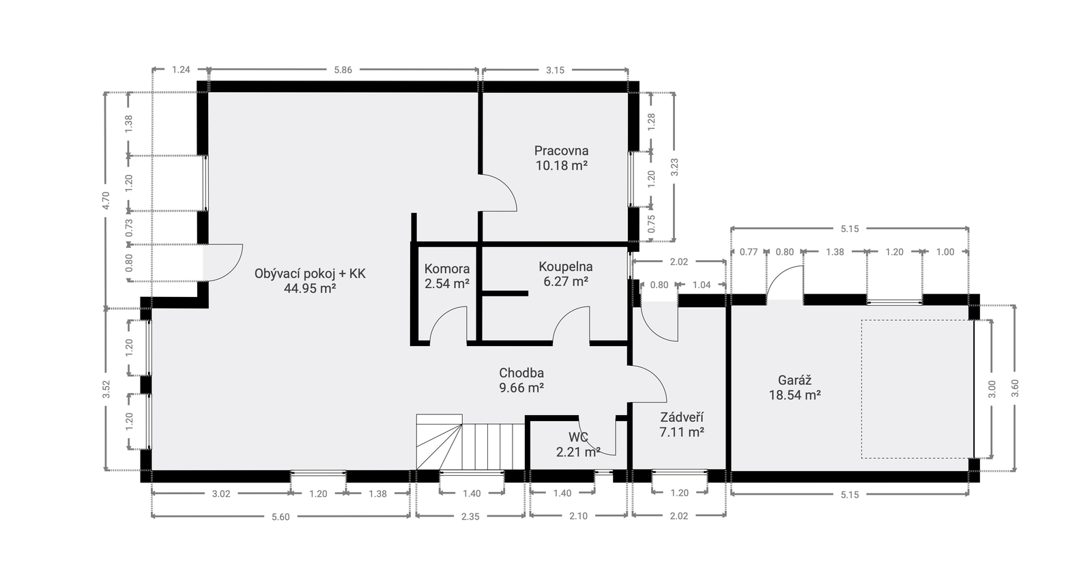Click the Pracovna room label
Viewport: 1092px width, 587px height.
pyautogui.click(x=561, y=151)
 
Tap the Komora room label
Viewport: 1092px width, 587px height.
pyautogui.click(x=447, y=269)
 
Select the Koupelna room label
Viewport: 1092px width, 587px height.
pyautogui.click(x=566, y=267)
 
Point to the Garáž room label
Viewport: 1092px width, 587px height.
pyautogui.click(x=794, y=380)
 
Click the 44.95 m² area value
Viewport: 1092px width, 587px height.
pyautogui.click(x=310, y=289)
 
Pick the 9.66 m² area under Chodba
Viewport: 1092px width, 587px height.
pyautogui.click(x=521, y=388)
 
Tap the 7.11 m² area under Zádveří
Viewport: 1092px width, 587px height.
pyautogui.click(x=682, y=432)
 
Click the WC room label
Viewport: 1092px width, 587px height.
pyautogui.click(x=578, y=436)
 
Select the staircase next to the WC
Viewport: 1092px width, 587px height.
pyautogui.click(x=470, y=442)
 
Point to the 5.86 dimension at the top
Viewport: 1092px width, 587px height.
pyautogui.click(x=343, y=70)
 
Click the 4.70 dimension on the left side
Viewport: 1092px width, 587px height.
pyautogui.click(x=106, y=201)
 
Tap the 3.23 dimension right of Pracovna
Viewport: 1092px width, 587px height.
pyautogui.click(x=675, y=167)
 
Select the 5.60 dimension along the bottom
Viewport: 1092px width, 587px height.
pyautogui.click(x=281, y=517)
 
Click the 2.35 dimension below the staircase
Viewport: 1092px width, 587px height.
pyautogui.click(x=470, y=517)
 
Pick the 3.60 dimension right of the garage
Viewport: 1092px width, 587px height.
pyautogui.click(x=1016, y=388)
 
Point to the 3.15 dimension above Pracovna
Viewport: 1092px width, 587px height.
pyautogui.click(x=556, y=70)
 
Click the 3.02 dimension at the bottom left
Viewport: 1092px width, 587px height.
pyautogui.click(x=221, y=494)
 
